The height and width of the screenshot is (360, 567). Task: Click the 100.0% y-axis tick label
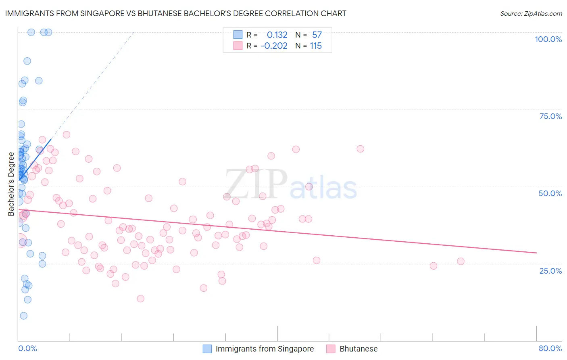[548, 39]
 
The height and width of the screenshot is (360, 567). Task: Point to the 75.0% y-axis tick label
[550, 116]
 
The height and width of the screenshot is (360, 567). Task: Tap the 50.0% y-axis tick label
[550, 193]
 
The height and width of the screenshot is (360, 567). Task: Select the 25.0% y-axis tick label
[550, 270]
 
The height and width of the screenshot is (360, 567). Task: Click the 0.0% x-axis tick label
[27, 348]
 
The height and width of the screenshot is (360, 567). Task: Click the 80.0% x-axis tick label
[550, 348]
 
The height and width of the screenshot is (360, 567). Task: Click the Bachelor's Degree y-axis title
[11, 184]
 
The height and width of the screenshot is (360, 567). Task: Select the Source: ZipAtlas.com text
[531, 13]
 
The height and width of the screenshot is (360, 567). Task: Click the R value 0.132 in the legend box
[277, 35]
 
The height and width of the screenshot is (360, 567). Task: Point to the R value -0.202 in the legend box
[274, 46]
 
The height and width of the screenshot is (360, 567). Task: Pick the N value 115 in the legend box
[316, 46]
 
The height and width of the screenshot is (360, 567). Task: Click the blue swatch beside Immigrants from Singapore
[207, 349]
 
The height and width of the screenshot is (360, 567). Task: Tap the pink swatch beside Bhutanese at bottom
[331, 349]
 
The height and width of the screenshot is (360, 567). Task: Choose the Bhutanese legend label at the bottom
[359, 349]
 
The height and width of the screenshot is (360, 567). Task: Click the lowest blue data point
[23, 316]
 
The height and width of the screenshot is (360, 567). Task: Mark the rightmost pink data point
[461, 261]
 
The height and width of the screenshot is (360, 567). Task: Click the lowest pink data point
[140, 299]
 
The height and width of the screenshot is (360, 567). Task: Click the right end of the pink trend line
[536, 253]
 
